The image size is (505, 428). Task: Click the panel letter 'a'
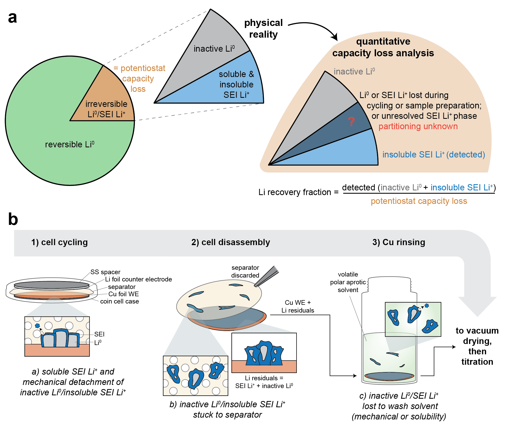[x=12, y=18]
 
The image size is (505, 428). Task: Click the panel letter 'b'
[x=13, y=219]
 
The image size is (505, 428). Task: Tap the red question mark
[x=351, y=122]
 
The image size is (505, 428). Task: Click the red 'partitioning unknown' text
[x=418, y=126]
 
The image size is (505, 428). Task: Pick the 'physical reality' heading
[x=263, y=29]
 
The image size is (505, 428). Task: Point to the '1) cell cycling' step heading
[x=59, y=242]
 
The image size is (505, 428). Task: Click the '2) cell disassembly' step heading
[x=230, y=242]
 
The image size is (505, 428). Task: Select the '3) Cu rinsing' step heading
[x=399, y=242]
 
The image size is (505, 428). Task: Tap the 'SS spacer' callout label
[x=105, y=272]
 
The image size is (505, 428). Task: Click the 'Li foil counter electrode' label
[x=138, y=279]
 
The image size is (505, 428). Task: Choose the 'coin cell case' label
[x=119, y=301]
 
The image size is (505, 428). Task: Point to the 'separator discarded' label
[x=245, y=271]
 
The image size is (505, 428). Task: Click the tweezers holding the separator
[x=267, y=276]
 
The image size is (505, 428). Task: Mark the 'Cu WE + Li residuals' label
[x=298, y=306]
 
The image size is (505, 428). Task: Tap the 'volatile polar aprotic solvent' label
[x=348, y=282]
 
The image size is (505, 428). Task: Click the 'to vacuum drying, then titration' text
[x=477, y=346]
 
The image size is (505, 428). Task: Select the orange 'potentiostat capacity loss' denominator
[x=419, y=201]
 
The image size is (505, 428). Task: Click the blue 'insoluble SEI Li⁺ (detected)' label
[x=434, y=155]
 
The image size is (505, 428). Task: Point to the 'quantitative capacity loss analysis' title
[x=383, y=47]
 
